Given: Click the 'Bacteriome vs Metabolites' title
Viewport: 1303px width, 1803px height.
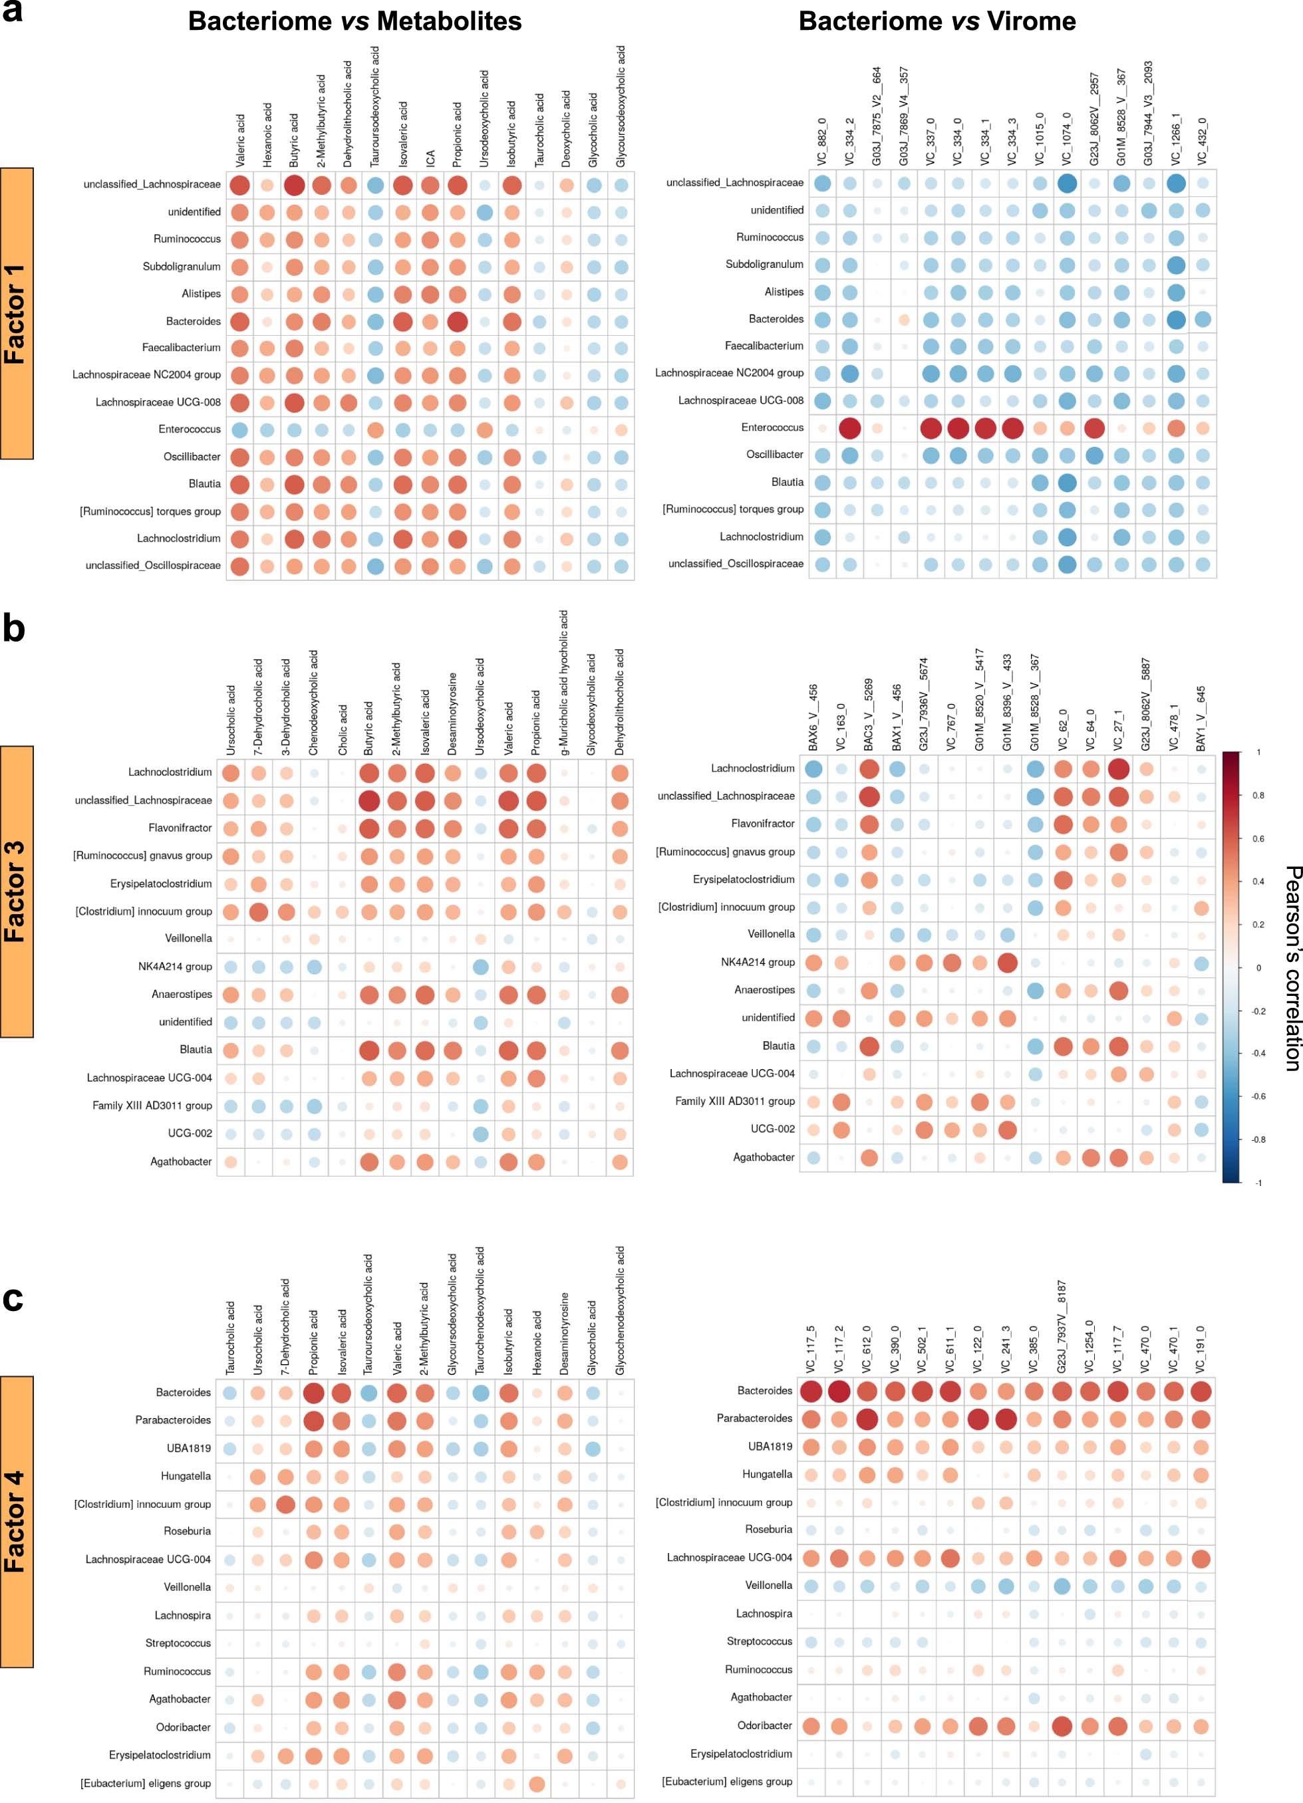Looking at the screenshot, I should click(x=355, y=21).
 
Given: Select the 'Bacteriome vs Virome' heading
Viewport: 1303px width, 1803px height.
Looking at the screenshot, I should click(x=937, y=21).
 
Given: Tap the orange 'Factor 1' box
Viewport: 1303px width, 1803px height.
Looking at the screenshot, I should click(x=17, y=313).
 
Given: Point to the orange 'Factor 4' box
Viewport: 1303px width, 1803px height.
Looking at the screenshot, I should click(x=17, y=1521).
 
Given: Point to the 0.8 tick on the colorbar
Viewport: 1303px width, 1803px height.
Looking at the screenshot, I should click(x=1258, y=795).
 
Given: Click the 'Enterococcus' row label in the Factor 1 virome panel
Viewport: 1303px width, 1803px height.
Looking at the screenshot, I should click(x=772, y=427).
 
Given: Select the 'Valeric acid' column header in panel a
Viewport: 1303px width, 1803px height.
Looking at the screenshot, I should click(x=240, y=140).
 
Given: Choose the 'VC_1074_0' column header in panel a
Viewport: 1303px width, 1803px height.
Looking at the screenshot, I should click(x=1067, y=139).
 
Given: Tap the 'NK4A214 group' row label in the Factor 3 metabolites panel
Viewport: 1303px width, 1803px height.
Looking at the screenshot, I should click(x=175, y=967).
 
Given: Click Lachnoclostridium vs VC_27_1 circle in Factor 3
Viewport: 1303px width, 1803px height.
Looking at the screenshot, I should click(x=1119, y=769).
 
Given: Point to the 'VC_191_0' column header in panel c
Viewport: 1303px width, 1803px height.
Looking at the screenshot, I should click(x=1201, y=1350).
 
